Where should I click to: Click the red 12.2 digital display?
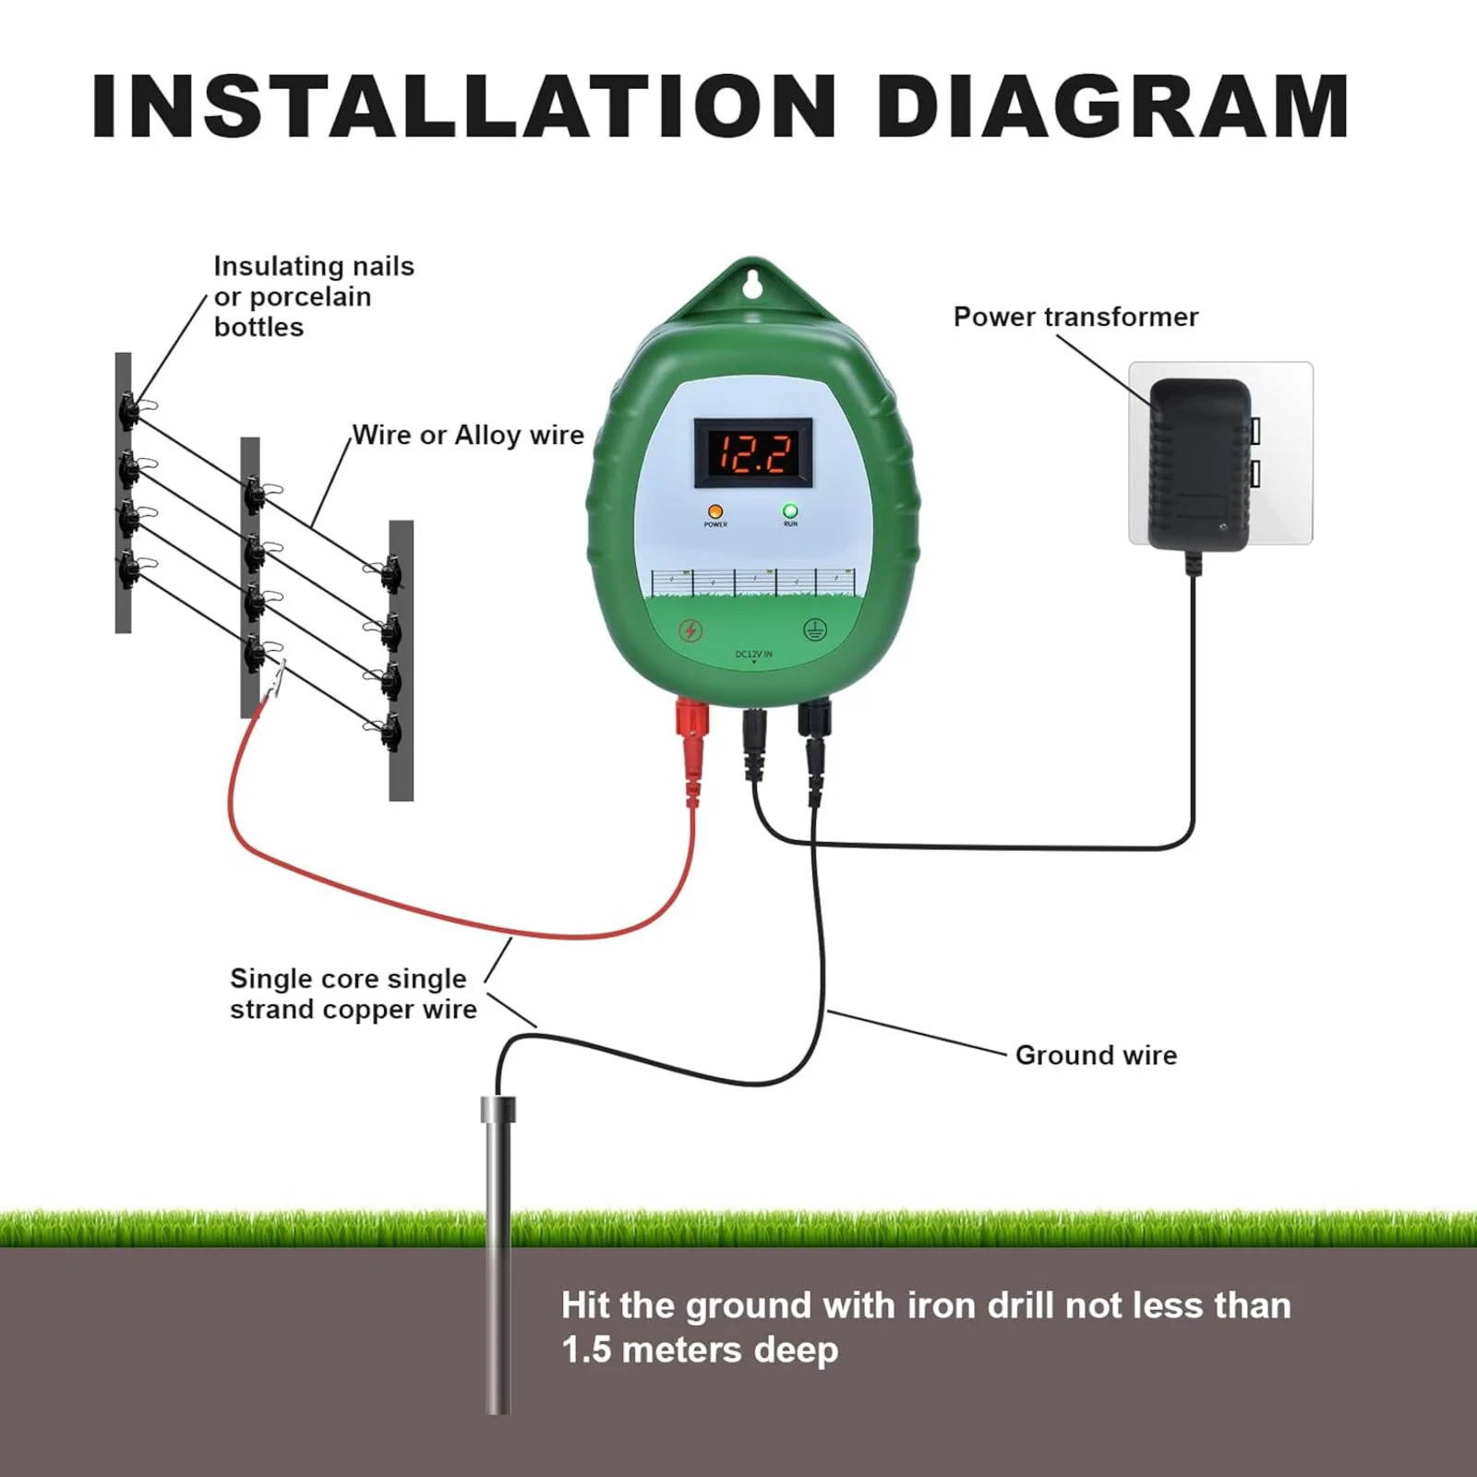click(753, 453)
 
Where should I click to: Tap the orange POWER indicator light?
click(714, 511)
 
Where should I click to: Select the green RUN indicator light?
click(790, 510)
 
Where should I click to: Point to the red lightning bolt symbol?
click(690, 630)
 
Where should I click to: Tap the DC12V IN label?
click(753, 654)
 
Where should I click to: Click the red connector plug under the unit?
click(692, 738)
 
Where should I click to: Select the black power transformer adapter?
click(1198, 466)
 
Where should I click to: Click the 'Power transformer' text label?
click(1075, 317)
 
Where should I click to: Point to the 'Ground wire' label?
click(1096, 1055)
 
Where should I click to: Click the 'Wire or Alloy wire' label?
click(468, 435)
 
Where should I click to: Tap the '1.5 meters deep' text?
click(700, 1350)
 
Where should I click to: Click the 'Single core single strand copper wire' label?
click(353, 993)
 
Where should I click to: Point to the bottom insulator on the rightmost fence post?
click(390, 731)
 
